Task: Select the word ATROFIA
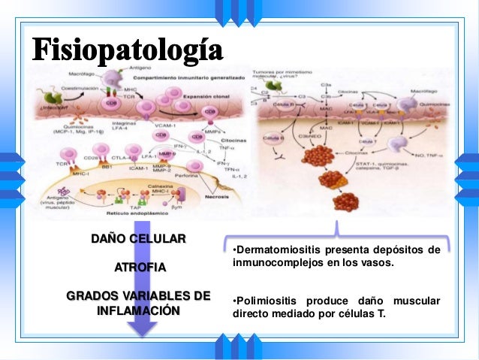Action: tap(138, 267)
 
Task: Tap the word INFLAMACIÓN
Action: tap(138, 309)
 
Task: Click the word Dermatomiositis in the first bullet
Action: tap(276, 250)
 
